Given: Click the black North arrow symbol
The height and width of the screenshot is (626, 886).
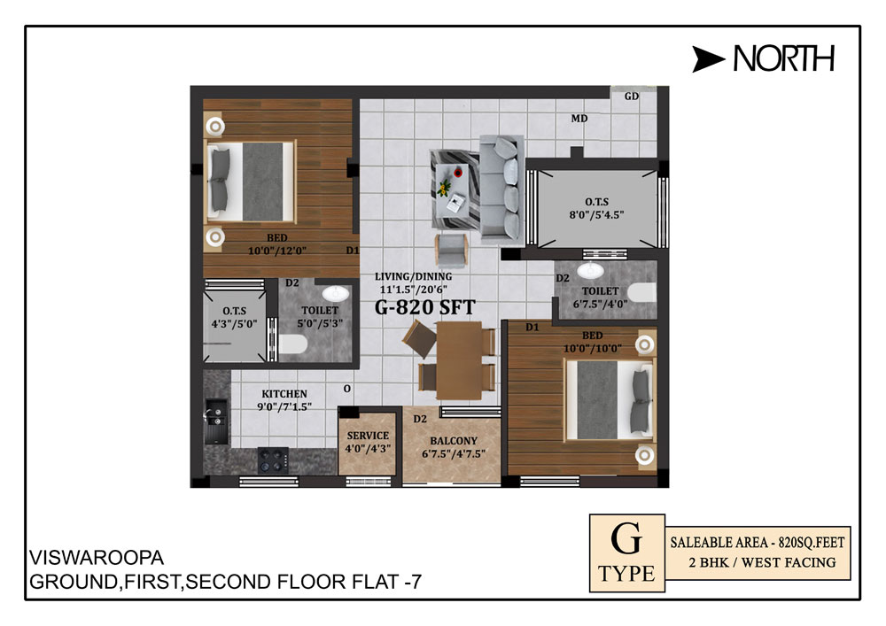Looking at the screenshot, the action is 707,59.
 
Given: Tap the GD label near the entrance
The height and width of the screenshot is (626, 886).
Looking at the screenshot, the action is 631,97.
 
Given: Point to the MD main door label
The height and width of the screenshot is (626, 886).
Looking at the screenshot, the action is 579,119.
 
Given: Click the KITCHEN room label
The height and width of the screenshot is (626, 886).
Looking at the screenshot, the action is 284,394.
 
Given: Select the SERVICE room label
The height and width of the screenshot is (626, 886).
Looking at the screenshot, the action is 368,436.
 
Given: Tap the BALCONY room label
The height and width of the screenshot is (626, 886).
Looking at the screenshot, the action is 454,441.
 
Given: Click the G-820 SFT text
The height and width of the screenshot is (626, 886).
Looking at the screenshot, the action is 425,307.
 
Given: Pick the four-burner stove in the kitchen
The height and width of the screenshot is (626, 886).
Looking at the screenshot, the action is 273,460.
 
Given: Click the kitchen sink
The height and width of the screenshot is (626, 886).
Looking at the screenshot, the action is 216,421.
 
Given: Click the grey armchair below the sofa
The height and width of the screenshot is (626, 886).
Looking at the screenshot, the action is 451,250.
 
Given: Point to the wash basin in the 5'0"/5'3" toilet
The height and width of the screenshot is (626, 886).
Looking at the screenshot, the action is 336,294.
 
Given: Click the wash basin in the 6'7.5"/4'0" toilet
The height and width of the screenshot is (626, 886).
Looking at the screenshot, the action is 590,270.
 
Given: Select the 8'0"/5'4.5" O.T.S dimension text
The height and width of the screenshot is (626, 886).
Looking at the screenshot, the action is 596,215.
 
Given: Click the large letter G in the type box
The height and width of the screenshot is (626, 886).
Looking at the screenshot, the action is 626,538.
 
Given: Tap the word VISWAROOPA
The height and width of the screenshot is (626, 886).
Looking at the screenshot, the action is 97,558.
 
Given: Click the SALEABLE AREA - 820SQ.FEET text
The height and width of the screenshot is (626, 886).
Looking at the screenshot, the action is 758,543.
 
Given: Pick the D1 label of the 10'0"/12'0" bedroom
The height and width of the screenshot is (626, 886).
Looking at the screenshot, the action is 353,250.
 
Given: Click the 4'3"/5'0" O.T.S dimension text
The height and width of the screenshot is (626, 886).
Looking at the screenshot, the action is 234,324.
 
